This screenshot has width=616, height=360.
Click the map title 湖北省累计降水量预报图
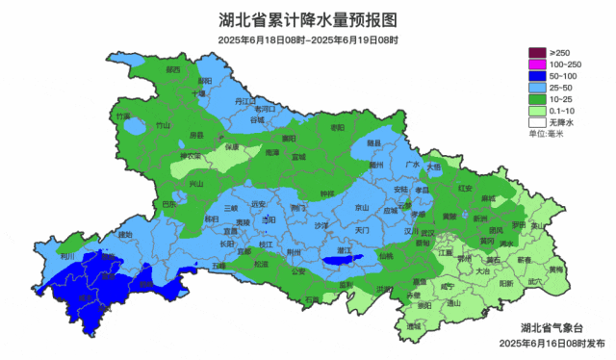click(x=307, y=19)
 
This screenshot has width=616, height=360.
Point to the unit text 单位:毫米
click(x=548, y=134)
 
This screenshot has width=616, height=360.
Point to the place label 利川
click(x=67, y=257)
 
